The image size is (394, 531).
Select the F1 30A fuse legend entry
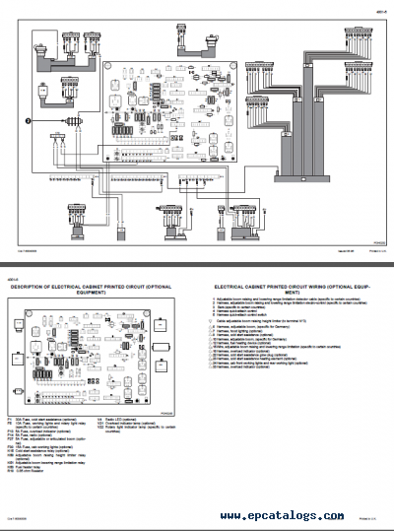pos(39,419)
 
